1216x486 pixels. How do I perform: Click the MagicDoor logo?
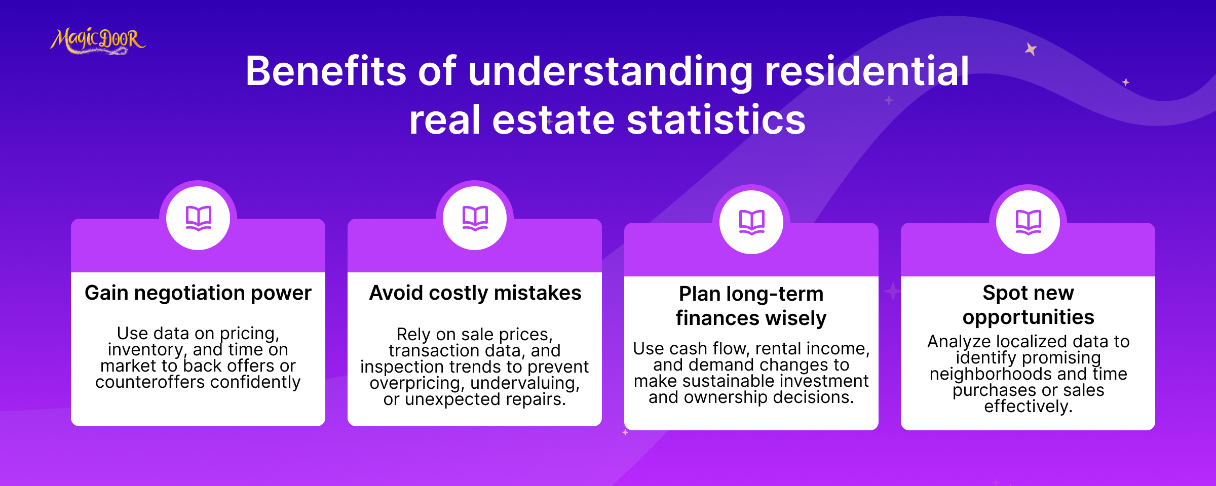[x=98, y=40]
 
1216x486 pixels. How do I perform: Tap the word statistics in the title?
[x=716, y=120]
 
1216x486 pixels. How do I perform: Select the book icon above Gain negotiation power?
[x=199, y=218]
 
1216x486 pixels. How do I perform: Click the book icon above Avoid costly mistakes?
[x=475, y=218]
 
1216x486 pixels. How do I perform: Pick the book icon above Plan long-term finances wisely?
[x=752, y=222]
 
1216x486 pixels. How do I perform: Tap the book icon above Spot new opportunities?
[x=1029, y=222]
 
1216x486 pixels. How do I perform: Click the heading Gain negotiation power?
[x=198, y=293]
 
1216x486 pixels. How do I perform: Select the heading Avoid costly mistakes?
[x=475, y=293]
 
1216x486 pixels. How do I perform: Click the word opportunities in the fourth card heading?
[x=1029, y=317]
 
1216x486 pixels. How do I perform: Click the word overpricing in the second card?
[x=417, y=383]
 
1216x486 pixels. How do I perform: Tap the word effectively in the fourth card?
[x=1028, y=407]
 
